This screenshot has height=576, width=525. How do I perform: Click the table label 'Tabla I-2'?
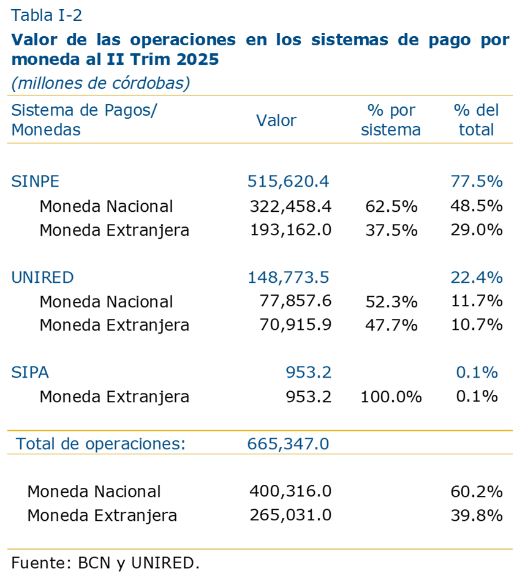[x=47, y=15]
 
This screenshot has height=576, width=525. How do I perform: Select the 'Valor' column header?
[x=276, y=121]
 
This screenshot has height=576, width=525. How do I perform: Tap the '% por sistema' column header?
[x=391, y=120]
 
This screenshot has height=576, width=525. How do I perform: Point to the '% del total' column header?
[x=477, y=120]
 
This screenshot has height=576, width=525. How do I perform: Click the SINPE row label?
[x=36, y=181]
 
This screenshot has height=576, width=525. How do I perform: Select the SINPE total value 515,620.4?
[x=289, y=181]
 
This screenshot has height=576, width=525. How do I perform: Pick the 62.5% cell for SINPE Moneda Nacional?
[x=391, y=206]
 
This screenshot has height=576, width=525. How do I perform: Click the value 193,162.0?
[x=290, y=230]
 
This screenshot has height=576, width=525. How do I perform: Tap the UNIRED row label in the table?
[x=43, y=277]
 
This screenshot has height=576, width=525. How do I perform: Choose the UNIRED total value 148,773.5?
[x=289, y=277]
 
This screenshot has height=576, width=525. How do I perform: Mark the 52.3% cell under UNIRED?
[x=391, y=302]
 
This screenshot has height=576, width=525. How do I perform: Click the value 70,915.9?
[x=296, y=325]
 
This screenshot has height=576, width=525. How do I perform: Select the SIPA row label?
[x=30, y=373]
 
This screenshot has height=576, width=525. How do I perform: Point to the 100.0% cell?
[x=391, y=397]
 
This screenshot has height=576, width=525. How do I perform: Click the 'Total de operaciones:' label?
[x=100, y=444]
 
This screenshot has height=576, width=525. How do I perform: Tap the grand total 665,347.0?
[x=289, y=444]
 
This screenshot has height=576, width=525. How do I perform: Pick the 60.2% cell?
[x=477, y=492]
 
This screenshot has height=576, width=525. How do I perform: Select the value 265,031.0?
[x=290, y=515]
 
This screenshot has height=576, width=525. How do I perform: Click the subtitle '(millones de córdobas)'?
[x=100, y=83]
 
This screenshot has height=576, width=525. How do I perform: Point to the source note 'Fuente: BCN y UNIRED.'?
[x=105, y=563]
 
